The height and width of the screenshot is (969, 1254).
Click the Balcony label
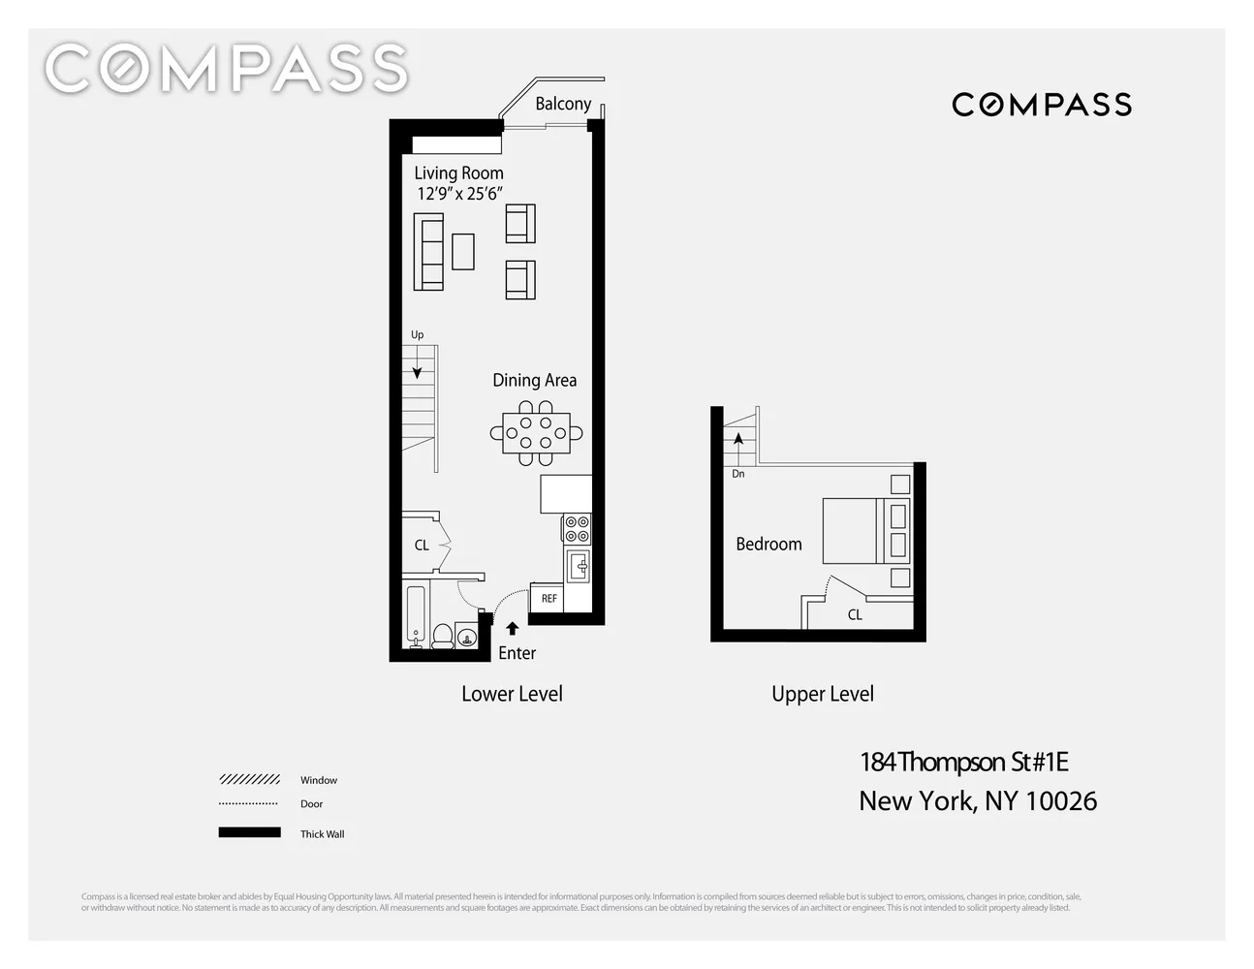tap(563, 104)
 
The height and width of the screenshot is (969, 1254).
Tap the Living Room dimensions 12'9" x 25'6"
tap(459, 194)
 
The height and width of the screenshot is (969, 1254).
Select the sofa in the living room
tap(428, 252)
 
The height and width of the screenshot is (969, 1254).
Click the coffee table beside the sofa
tap(463, 252)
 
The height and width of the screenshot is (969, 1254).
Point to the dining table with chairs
tap(536, 433)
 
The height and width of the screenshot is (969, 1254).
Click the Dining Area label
tap(534, 381)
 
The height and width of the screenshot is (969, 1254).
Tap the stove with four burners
tap(577, 528)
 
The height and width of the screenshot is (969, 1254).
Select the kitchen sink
tap(578, 566)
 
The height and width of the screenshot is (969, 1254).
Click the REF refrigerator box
tap(549, 598)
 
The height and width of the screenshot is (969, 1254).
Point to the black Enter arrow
tap(513, 629)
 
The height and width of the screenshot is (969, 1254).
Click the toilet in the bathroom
tap(442, 636)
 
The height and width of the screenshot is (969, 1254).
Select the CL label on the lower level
tap(422, 546)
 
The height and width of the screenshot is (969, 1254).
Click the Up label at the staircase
tap(418, 335)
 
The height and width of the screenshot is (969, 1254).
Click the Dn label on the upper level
tap(738, 474)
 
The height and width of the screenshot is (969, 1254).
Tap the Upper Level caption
tap(823, 694)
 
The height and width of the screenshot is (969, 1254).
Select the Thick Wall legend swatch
tap(249, 832)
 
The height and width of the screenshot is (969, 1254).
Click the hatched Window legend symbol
tap(249, 779)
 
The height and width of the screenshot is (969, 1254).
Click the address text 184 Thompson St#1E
tap(964, 763)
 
